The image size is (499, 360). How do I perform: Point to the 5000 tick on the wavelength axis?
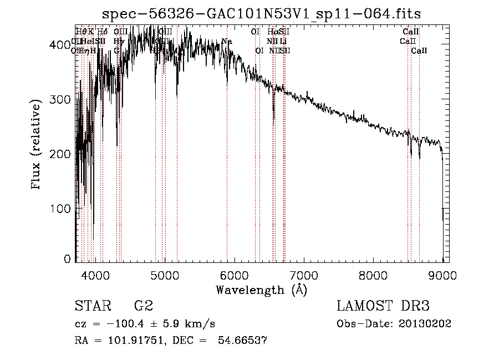[164, 275]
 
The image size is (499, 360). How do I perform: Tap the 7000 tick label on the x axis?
[303, 275]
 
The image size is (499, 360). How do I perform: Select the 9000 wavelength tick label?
[442, 275]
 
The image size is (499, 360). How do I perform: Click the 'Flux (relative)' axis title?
[38, 145]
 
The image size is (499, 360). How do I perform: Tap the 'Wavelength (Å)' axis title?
[261, 290]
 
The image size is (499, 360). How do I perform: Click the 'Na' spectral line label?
[226, 41]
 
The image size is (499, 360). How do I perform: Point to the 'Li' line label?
[283, 41]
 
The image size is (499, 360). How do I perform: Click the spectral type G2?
[143, 306]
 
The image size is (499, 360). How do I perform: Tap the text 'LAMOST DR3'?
[383, 306]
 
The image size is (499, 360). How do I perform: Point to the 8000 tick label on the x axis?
[373, 275]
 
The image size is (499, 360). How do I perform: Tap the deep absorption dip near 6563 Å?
[274, 114]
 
